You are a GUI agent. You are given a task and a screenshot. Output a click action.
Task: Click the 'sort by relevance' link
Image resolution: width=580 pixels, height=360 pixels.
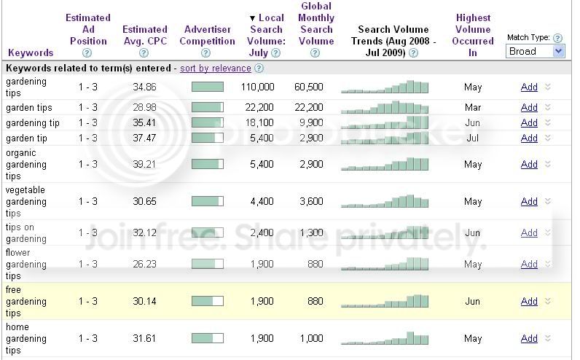click(215, 69)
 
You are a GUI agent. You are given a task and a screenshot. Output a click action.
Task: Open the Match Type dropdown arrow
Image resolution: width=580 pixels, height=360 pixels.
click(559, 51)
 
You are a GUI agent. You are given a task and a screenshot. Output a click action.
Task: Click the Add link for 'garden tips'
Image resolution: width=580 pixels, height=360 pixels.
click(529, 107)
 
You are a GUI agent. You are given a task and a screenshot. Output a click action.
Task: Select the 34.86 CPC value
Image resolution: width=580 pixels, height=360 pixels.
click(144, 87)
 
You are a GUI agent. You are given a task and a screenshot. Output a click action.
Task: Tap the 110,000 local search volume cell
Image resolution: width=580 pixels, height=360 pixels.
click(257, 87)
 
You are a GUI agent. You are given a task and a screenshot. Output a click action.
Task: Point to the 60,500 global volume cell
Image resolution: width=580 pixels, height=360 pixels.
click(308, 87)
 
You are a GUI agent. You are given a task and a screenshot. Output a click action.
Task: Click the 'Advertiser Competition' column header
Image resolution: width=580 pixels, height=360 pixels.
click(207, 36)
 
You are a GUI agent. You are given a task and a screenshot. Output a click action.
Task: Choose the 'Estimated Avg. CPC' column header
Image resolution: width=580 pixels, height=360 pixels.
click(144, 36)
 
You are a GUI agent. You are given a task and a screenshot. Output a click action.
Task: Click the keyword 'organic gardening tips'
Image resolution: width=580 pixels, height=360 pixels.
click(26, 164)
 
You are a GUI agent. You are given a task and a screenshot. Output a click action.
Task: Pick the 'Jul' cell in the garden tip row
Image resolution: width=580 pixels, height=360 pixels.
click(472, 138)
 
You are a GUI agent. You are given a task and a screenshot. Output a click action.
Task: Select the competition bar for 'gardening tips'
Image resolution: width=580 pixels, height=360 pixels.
click(208, 87)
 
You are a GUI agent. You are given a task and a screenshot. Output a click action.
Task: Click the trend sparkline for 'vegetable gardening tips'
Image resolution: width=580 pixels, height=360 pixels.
click(385, 201)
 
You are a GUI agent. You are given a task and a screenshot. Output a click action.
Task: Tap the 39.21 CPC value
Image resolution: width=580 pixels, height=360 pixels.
click(144, 164)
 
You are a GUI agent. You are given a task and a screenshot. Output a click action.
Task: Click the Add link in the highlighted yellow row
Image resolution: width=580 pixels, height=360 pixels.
click(529, 301)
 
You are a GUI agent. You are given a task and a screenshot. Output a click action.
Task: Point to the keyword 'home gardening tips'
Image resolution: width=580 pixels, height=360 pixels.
click(26, 339)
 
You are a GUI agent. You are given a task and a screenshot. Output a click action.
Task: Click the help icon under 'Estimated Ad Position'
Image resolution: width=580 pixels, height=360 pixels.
click(87, 53)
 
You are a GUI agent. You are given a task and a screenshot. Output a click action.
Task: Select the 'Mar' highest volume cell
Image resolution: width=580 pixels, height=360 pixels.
click(473, 107)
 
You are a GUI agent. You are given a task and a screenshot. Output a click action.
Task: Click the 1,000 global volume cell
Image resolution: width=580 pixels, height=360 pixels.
click(311, 339)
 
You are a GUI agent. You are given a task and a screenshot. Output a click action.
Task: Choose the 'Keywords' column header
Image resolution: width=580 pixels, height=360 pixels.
click(31, 52)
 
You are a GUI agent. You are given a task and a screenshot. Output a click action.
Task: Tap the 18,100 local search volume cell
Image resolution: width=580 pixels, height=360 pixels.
click(259, 122)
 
